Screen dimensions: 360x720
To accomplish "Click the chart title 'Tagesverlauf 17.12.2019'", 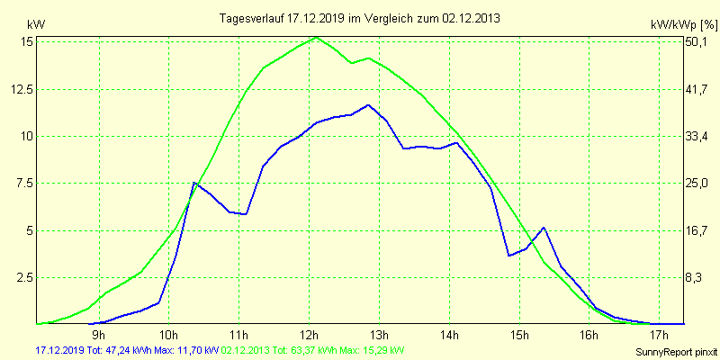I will click(360, 18).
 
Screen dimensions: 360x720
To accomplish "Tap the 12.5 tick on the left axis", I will click(18, 89).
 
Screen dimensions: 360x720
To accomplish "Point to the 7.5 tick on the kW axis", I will click(22, 183).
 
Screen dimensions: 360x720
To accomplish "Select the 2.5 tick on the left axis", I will click(22, 277).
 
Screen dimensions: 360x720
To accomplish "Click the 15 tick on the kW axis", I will click(26, 41).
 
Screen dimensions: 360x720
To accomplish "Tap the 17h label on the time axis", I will click(660, 335).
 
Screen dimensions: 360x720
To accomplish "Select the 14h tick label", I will click(450, 335).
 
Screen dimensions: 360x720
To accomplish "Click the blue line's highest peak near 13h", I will click(368, 105).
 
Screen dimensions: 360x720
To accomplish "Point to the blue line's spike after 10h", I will click(194, 183).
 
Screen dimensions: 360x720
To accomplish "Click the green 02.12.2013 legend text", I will click(312, 349).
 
